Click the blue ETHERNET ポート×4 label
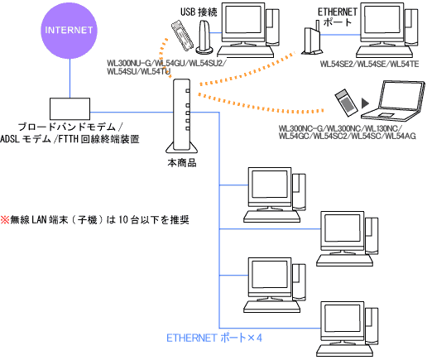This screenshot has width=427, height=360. click(213, 338)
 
